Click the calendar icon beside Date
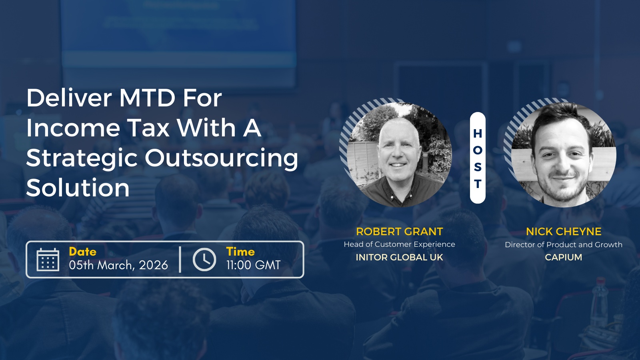tap(48, 260)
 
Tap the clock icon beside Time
tap(204, 260)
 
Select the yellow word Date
tap(82, 252)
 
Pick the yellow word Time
tap(240, 252)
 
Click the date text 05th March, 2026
tap(118, 265)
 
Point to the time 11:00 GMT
tap(254, 265)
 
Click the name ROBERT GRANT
tap(400, 232)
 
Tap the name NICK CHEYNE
tap(564, 232)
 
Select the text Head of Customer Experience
tap(400, 244)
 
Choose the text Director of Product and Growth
tap(564, 244)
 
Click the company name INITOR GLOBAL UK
tap(400, 257)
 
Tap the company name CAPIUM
tap(564, 257)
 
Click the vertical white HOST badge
tap(478, 158)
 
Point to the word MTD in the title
tap(147, 98)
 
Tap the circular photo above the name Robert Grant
tap(399, 154)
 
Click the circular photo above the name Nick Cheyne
tap(564, 154)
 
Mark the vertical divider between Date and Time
tap(180, 260)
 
